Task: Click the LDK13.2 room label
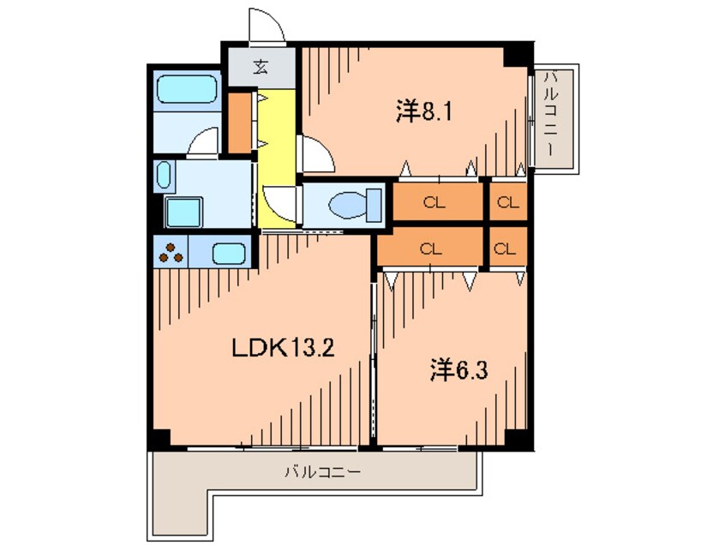283,348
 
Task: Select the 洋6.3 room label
458,371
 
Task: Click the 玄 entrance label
261,68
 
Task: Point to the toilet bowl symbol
355,205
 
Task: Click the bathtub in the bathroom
187,90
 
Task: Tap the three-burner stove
171,253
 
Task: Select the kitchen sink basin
229,254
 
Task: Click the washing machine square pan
184,213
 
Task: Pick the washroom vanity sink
163,176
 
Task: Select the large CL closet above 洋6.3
430,249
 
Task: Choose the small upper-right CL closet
508,202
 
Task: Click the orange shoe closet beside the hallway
240,123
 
